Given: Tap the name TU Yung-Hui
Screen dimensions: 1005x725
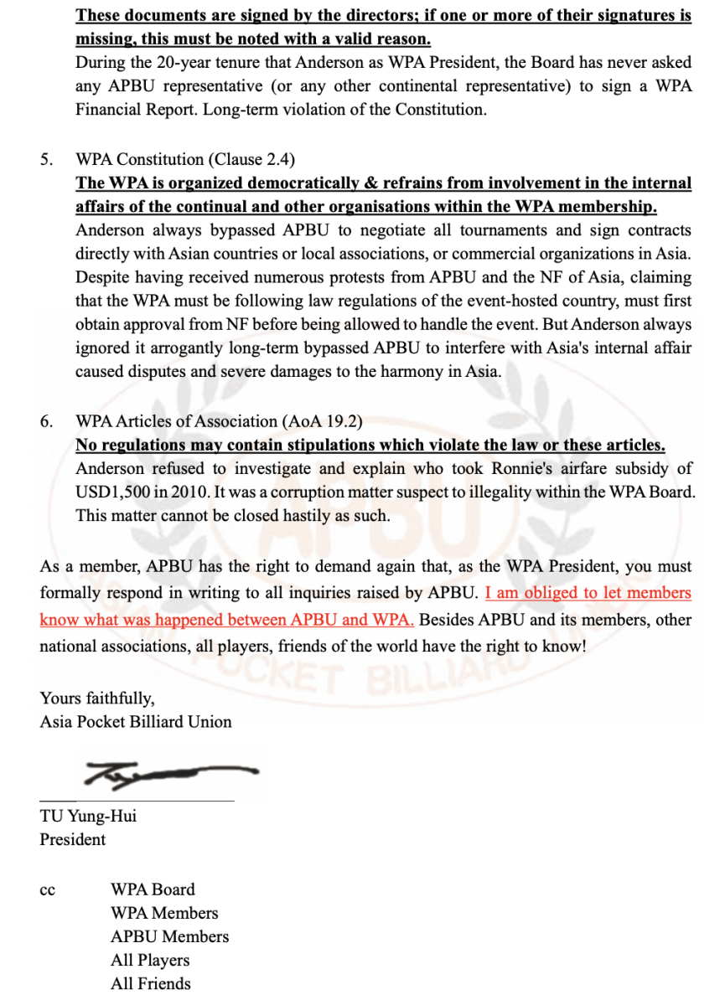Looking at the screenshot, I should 88,816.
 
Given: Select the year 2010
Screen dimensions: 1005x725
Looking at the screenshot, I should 191,492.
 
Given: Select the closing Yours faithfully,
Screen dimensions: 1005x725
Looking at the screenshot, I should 96,698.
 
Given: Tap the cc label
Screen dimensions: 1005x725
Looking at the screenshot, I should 47,891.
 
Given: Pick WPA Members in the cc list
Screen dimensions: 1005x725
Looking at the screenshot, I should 163,913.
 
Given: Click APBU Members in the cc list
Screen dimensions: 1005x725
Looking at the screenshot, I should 169,936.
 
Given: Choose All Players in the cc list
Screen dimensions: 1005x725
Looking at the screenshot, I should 150,960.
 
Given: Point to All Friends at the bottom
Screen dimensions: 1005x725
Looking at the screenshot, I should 150,983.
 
